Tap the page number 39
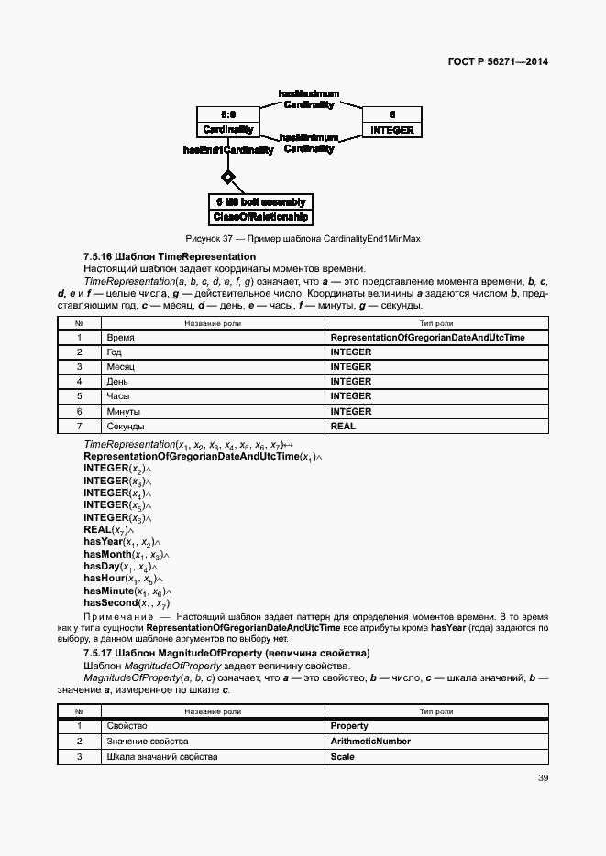543,778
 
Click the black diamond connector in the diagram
228,176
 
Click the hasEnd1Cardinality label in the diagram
228,150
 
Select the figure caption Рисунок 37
303,239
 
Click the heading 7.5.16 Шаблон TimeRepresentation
170,256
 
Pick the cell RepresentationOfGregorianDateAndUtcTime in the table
427,337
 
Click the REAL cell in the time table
343,427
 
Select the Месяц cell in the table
121,367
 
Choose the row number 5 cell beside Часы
80,396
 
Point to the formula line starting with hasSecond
127,603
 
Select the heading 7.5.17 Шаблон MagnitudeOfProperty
226,653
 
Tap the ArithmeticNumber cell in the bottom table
370,742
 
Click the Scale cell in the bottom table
342,756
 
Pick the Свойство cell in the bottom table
127,726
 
